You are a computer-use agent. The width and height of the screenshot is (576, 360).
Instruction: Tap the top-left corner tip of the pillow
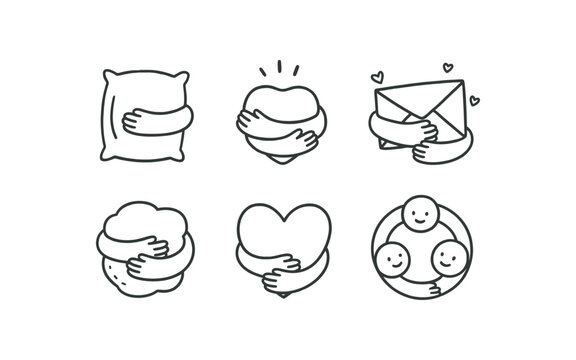tap(106, 73)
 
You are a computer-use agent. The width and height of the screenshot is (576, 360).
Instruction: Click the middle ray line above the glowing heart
tap(280, 68)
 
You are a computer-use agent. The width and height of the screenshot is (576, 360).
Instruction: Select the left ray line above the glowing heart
tap(263, 73)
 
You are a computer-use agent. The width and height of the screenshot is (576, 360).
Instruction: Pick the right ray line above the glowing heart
tap(298, 73)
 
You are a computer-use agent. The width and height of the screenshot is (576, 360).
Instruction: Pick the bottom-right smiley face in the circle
tap(446, 260)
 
